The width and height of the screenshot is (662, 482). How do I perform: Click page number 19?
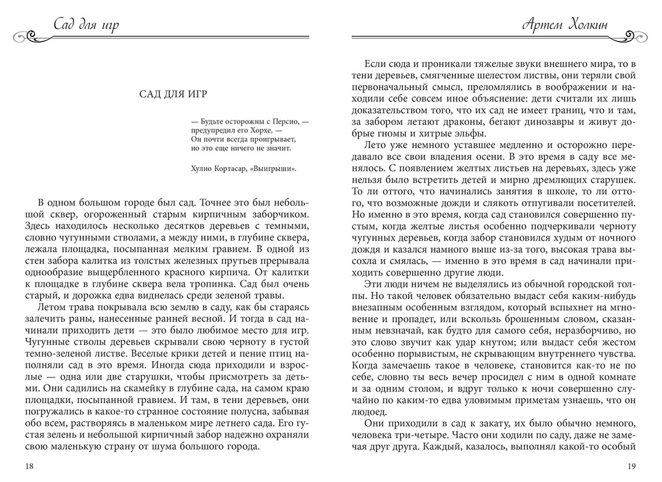tap(632, 466)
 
